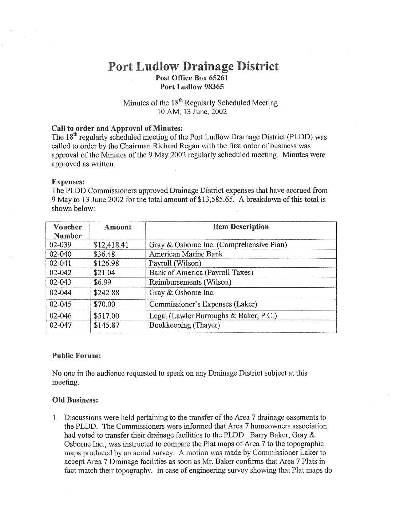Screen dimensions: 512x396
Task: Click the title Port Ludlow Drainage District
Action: pyautogui.click(x=193, y=67)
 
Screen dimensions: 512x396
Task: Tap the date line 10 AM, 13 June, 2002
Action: pyautogui.click(x=192, y=112)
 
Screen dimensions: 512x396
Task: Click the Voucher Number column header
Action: pyautogui.click(x=68, y=231)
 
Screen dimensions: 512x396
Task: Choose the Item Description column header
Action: pyautogui.click(x=241, y=227)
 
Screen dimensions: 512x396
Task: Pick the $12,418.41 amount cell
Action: pyautogui.click(x=111, y=245)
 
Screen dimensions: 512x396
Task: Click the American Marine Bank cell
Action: pyautogui.click(x=186, y=254)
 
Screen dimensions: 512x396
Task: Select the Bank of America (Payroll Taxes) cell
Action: pyautogui.click(x=201, y=273)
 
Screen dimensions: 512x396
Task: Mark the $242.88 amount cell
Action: pyautogui.click(x=106, y=293)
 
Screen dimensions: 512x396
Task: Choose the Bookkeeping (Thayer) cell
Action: pyautogui.click(x=185, y=325)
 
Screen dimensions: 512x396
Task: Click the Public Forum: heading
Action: pyautogui.click(x=76, y=356)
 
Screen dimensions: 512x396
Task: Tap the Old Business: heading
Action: pyautogui.click(x=75, y=400)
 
